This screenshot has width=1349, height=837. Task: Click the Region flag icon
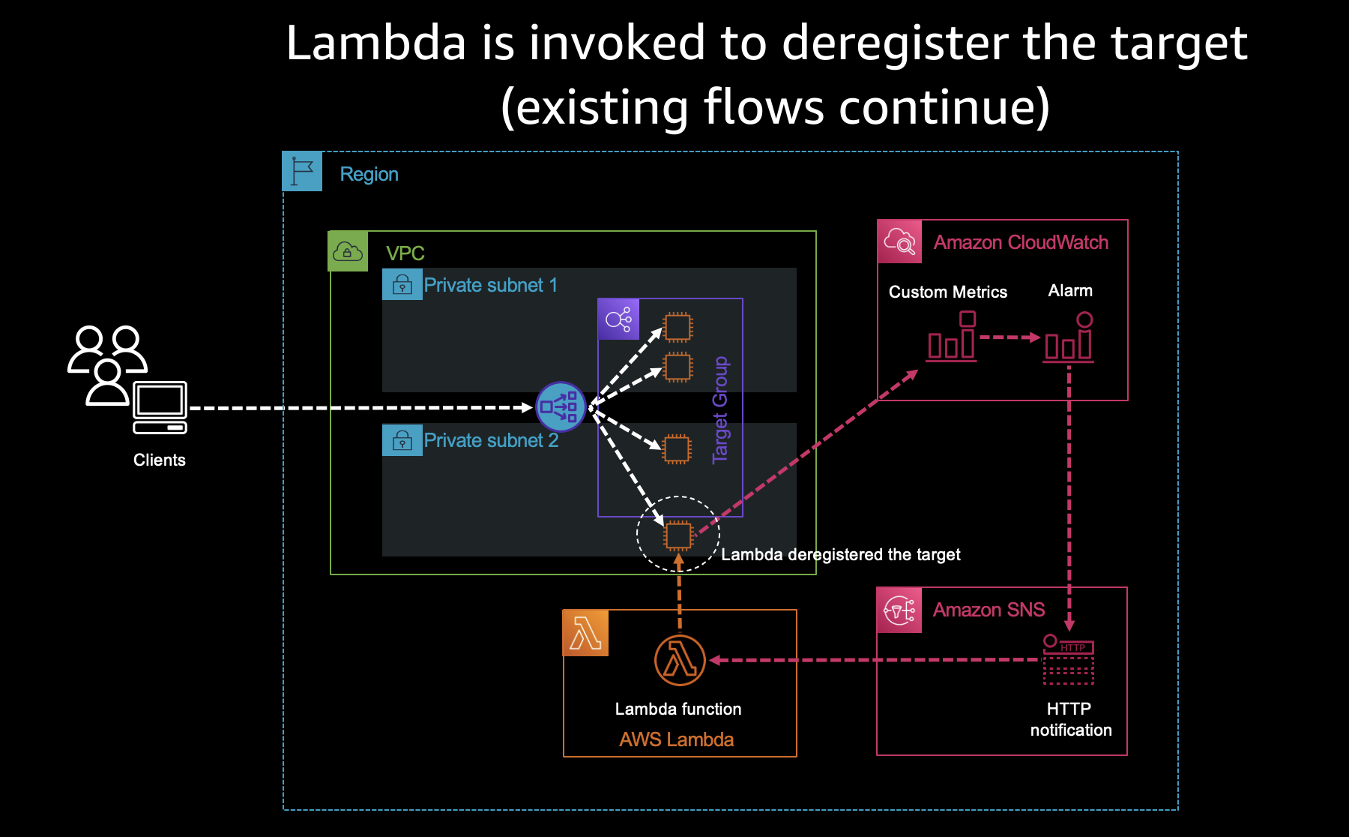[x=302, y=172]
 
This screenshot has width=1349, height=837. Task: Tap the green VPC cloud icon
[x=348, y=251]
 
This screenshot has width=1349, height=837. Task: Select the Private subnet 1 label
[x=490, y=285]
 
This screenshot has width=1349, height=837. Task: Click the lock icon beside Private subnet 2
[x=402, y=440]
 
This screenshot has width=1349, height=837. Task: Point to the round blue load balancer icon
[x=561, y=407]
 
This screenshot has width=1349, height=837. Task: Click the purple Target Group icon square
[x=618, y=319]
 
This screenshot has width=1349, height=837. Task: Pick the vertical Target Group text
[x=720, y=409]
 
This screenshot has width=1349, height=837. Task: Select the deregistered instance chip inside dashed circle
[x=678, y=535]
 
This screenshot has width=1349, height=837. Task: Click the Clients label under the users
[x=159, y=460]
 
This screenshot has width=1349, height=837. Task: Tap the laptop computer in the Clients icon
[x=160, y=407]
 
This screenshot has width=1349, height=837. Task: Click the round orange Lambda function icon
[x=680, y=661]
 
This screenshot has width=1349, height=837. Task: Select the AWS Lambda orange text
[x=676, y=739]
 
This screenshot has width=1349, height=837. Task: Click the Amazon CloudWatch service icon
[x=899, y=241]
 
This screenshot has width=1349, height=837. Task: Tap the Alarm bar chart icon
[x=1069, y=338]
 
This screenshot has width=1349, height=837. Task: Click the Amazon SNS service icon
[x=899, y=610]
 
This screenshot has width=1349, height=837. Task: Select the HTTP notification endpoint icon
[x=1069, y=659]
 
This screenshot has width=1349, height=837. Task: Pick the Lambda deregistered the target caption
[x=840, y=554]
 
